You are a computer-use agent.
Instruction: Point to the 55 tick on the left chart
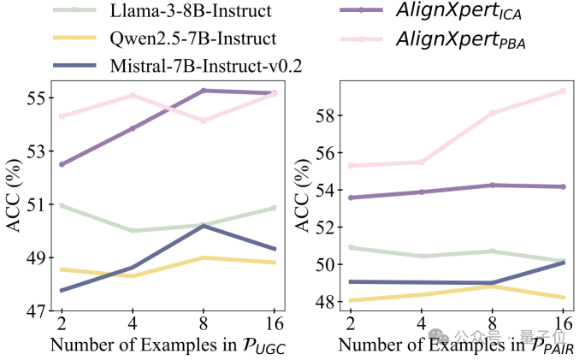[x=37, y=97]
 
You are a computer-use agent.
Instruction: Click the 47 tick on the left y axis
[x=37, y=311]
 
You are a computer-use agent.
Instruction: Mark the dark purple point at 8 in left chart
[x=203, y=90]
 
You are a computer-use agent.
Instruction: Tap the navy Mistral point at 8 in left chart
[x=203, y=226]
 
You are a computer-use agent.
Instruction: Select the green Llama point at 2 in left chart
[x=62, y=205]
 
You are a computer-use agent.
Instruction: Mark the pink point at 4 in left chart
[x=132, y=95]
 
